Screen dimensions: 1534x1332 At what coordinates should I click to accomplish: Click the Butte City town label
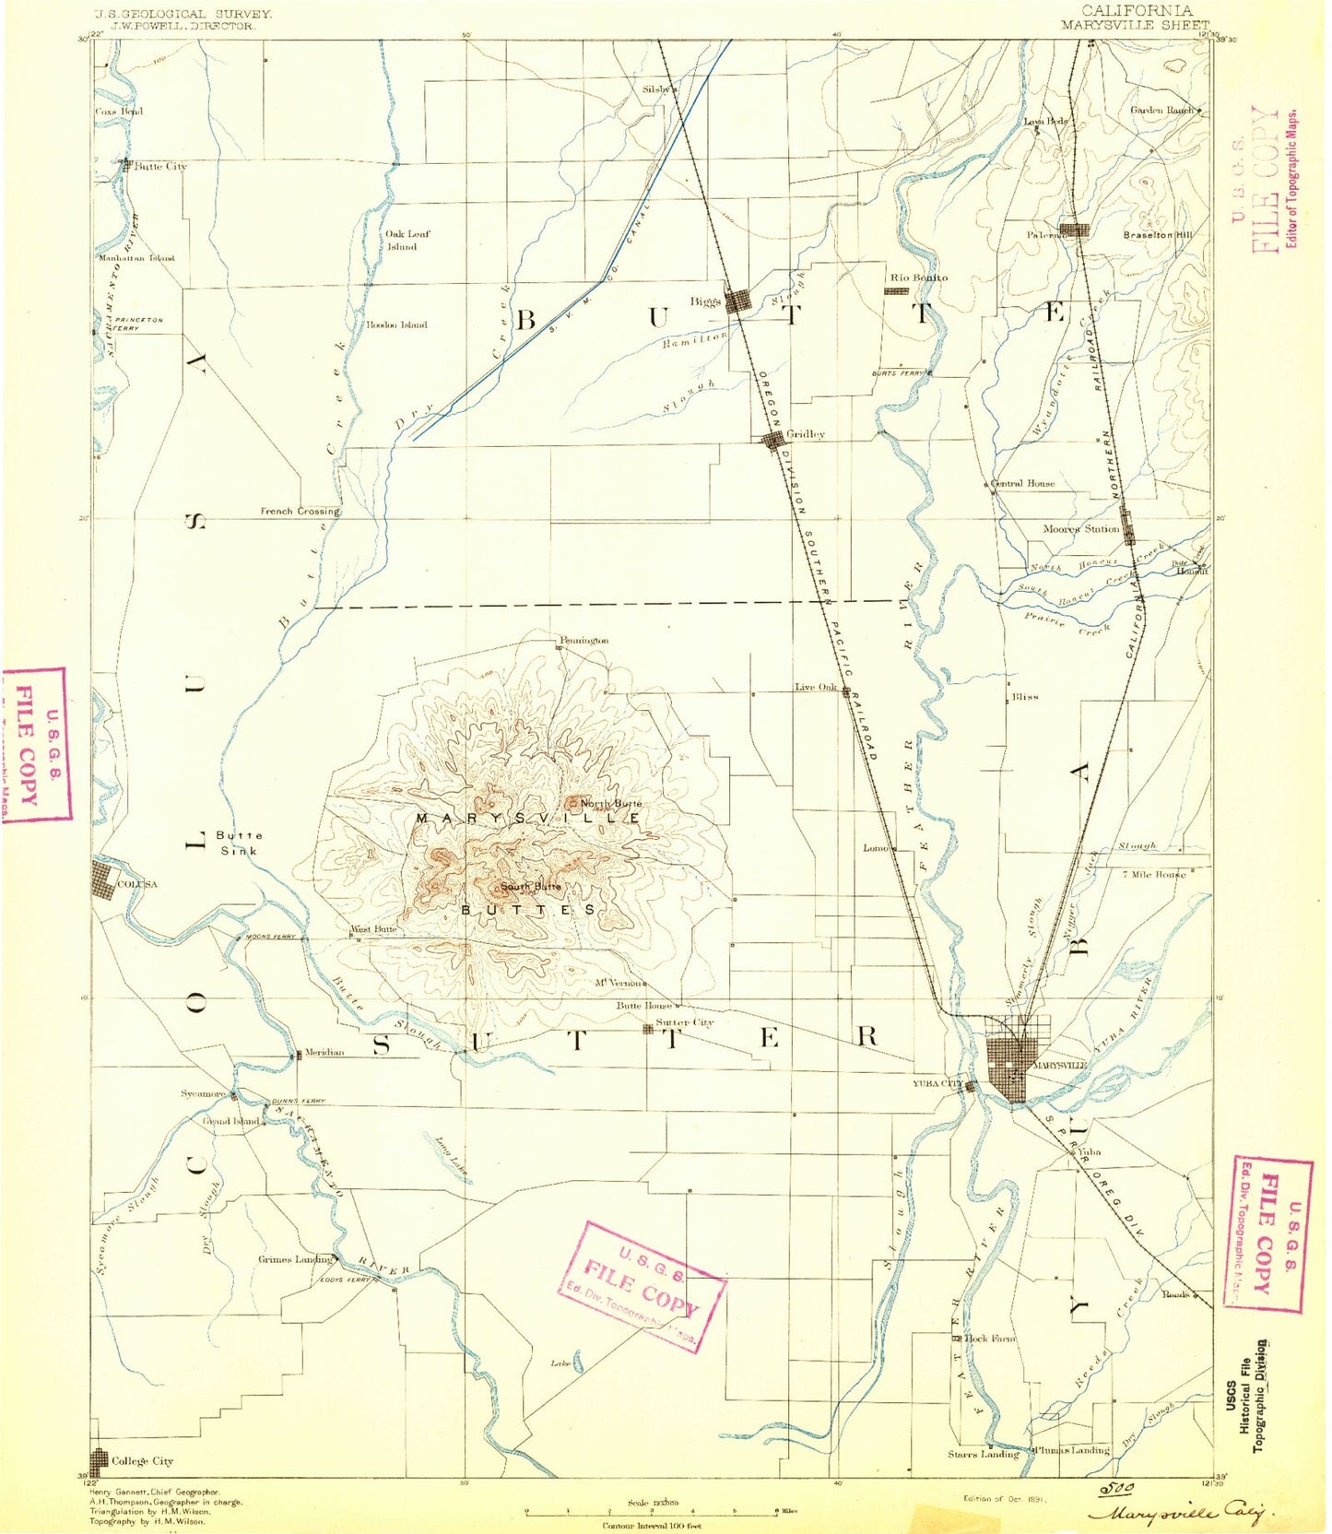(159, 167)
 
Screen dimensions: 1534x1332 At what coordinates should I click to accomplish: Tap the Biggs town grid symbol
(738, 301)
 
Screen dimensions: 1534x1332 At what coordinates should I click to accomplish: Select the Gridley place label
(805, 434)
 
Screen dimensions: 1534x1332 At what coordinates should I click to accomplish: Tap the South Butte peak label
(530, 887)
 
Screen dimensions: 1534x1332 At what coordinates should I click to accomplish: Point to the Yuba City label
(937, 1083)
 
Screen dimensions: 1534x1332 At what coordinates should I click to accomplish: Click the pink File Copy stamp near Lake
(642, 1286)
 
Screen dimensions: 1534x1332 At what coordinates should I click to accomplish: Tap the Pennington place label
(583, 640)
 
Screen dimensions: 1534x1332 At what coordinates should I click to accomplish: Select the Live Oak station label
(816, 687)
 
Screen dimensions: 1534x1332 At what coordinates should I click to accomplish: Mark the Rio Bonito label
(918, 277)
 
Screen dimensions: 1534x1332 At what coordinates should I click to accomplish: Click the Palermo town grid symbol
(1074, 230)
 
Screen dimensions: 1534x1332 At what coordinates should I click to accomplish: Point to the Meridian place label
(324, 1052)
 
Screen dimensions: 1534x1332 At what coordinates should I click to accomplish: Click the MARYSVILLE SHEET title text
(1134, 25)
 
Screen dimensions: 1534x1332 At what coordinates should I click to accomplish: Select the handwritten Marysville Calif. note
(1182, 1513)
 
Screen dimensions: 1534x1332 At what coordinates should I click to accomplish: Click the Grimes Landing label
(294, 1259)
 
